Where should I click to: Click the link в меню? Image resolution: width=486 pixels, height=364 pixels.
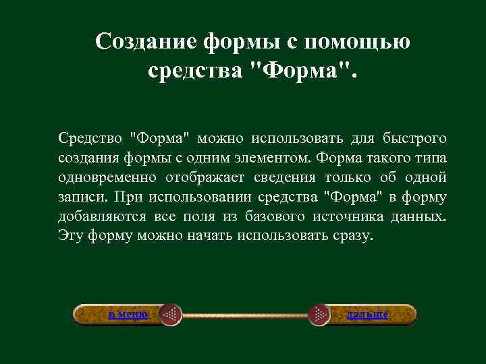click(128, 314)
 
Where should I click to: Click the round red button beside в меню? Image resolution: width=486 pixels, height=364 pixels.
click(171, 315)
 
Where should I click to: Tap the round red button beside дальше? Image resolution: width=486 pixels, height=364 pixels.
click(319, 315)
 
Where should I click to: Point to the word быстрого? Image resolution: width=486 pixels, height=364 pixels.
click(414, 138)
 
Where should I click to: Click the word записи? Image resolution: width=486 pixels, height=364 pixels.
click(82, 198)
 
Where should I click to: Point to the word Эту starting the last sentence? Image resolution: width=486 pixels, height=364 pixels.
click(71, 237)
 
